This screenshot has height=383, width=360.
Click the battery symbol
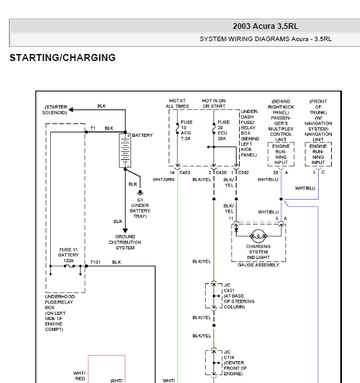[125, 150]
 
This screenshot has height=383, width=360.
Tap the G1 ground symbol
[140, 193]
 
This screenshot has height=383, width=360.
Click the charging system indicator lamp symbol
[258, 236]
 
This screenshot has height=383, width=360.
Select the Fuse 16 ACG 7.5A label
[186, 130]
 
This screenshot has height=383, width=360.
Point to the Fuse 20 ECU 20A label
[223, 130]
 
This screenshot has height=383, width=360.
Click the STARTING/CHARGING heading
[62, 58]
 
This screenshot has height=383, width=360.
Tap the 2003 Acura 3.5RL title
[265, 26]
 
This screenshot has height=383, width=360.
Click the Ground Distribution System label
[125, 242]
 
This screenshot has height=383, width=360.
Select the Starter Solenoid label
[55, 110]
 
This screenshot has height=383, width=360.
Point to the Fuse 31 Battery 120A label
[68, 255]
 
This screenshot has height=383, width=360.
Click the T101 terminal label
[95, 262]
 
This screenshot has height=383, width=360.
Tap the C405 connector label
[184, 173]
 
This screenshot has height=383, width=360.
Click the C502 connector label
[244, 173]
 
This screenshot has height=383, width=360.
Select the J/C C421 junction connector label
[239, 296]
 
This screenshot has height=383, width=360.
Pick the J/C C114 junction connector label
[235, 362]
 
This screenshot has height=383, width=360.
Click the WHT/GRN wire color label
[163, 179]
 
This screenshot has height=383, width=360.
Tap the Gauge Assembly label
[258, 265]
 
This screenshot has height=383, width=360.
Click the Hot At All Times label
[177, 103]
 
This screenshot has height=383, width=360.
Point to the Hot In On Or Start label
[214, 103]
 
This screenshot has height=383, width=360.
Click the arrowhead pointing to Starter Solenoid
[71, 110]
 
